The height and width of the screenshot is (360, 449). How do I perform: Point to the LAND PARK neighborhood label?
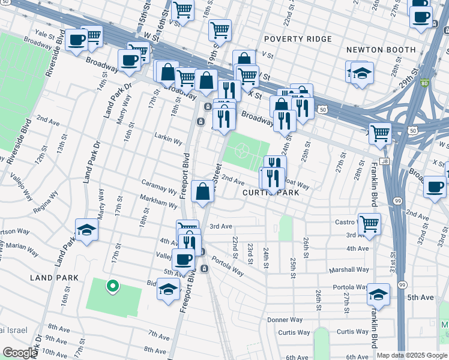click(55, 278)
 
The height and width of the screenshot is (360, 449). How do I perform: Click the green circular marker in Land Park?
click(111, 286)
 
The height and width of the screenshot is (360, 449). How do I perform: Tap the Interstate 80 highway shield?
click(424, 83)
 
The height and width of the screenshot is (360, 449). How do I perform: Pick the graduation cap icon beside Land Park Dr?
click(87, 229)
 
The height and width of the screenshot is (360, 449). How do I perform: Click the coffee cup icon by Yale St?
click(76, 40)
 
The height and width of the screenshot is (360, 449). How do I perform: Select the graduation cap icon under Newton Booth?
click(361, 73)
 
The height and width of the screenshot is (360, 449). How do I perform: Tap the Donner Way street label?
click(285, 320)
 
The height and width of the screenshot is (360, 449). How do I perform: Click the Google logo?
click(19, 353)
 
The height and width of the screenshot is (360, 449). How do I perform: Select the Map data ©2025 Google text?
click(412, 355)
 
